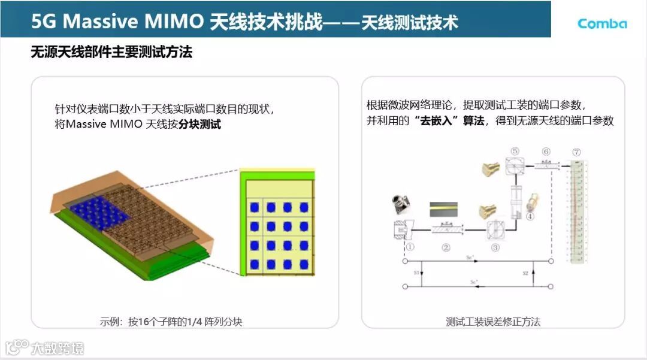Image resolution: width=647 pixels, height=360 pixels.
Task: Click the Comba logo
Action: (x=601, y=23)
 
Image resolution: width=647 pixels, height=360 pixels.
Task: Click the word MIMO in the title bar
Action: (x=174, y=22)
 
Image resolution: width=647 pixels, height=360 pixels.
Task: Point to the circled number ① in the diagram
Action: (x=410, y=246)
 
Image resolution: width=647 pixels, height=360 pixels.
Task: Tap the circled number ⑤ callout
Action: (x=514, y=152)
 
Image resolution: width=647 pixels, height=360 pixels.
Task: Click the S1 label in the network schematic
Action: (x=416, y=273)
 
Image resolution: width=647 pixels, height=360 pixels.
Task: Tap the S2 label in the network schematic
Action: (x=525, y=273)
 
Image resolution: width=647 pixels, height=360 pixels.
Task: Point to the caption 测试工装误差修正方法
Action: (x=493, y=322)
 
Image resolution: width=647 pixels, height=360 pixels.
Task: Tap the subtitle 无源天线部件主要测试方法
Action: (x=111, y=53)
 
